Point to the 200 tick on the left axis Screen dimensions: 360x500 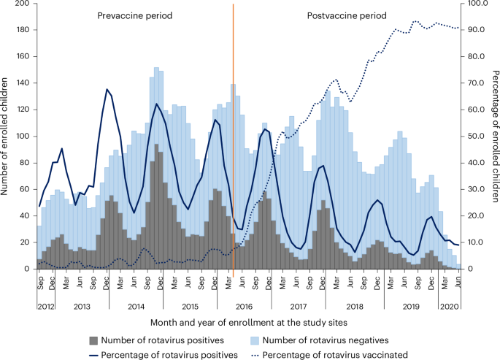pyautogui.click(x=22, y=4)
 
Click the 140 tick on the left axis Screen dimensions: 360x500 pyautogui.click(x=22, y=83)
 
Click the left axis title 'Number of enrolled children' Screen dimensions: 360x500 pyautogui.click(x=7, y=137)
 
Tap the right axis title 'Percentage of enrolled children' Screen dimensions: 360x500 pyautogui.click(x=493, y=137)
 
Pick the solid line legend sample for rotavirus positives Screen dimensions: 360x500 pyautogui.click(x=93, y=354)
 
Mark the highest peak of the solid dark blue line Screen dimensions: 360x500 pyautogui.click(x=107, y=89)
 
